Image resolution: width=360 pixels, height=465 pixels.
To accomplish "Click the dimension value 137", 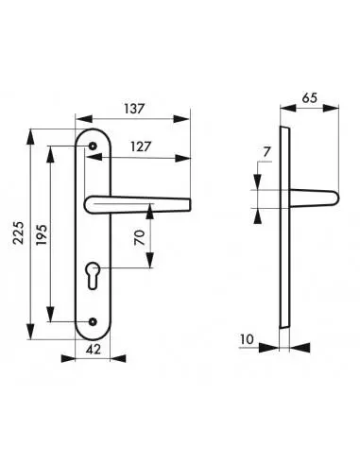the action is pyautogui.click(x=134, y=109).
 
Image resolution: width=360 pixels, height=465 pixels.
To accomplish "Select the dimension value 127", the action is pyautogui.click(x=141, y=146).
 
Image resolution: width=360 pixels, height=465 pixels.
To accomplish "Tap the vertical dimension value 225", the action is pyautogui.click(x=19, y=232).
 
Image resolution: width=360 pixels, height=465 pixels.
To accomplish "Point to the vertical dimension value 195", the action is pyautogui.click(x=42, y=234).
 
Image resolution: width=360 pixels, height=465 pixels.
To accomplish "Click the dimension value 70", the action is pyautogui.click(x=140, y=237).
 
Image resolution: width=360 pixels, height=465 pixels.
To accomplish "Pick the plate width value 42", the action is pyautogui.click(x=94, y=349).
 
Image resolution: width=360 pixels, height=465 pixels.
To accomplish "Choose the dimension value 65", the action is pyautogui.click(x=309, y=98).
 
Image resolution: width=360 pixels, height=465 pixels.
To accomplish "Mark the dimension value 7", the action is pyautogui.click(x=266, y=152).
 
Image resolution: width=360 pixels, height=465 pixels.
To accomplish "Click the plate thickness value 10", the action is pyautogui.click(x=247, y=339).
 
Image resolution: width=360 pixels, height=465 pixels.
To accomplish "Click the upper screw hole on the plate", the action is pyautogui.click(x=93, y=146).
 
